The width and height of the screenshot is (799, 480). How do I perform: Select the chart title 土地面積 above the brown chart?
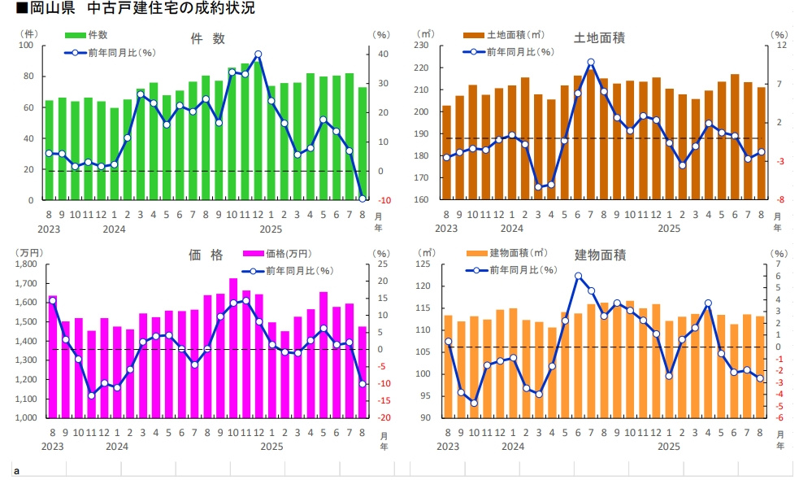(599, 39)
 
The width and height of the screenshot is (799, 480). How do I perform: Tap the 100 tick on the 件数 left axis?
(27, 46)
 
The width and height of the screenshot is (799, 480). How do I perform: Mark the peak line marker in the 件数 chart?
(258, 55)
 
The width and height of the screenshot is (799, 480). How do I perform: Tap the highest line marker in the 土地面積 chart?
(591, 62)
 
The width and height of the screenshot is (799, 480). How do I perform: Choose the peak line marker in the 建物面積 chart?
(578, 276)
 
